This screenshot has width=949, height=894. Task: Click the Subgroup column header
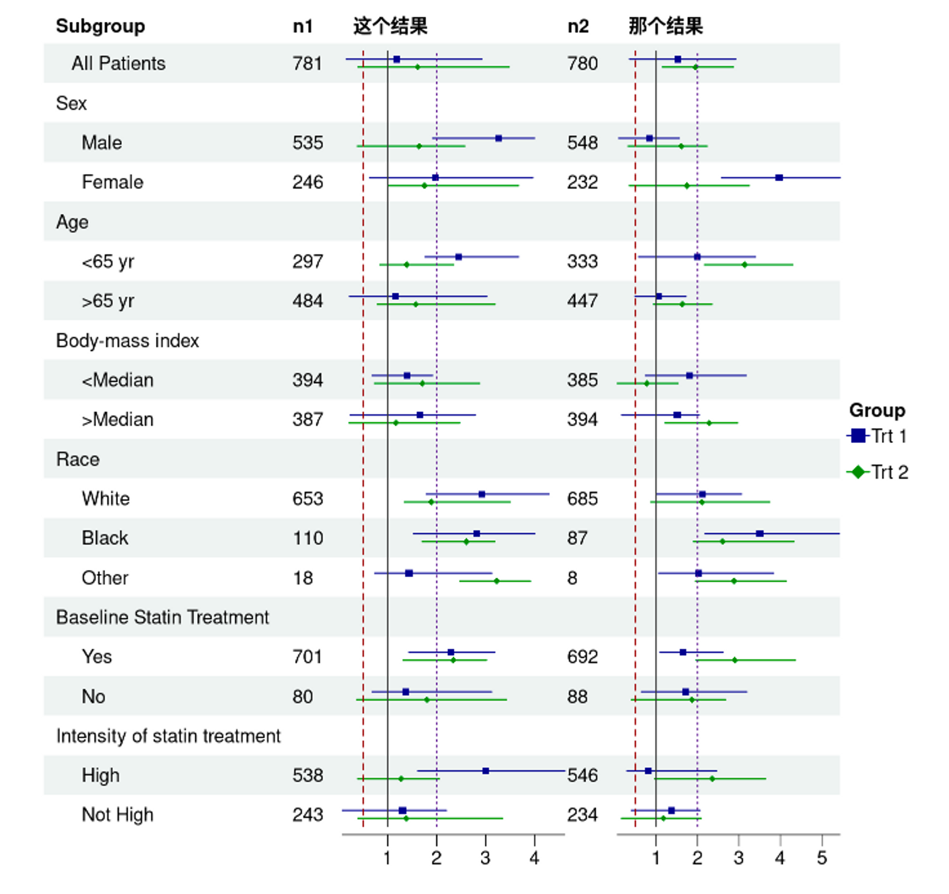tap(100, 26)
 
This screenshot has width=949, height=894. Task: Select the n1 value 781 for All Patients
tap(307, 63)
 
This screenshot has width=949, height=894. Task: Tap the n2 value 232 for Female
tap(582, 182)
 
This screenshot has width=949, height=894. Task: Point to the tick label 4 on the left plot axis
tap(534, 858)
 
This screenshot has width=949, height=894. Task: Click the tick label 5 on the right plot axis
tap(822, 858)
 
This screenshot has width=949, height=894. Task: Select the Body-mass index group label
tap(127, 341)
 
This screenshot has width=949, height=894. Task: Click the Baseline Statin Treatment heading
tap(162, 617)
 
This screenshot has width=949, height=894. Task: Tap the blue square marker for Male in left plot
tap(499, 139)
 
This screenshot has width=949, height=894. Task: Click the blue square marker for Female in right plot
tap(779, 178)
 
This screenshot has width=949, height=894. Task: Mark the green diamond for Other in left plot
tap(496, 581)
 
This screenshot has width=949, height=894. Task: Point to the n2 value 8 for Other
tap(572, 578)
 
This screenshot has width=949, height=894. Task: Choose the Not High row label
tap(117, 815)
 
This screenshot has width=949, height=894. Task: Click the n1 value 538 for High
tap(307, 775)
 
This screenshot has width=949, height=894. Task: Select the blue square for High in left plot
tap(485, 771)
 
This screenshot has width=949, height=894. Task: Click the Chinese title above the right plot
tap(665, 26)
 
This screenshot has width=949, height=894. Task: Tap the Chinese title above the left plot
tap(390, 26)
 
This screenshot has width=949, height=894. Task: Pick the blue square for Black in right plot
tap(760, 534)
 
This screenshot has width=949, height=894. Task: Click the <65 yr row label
tap(108, 262)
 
